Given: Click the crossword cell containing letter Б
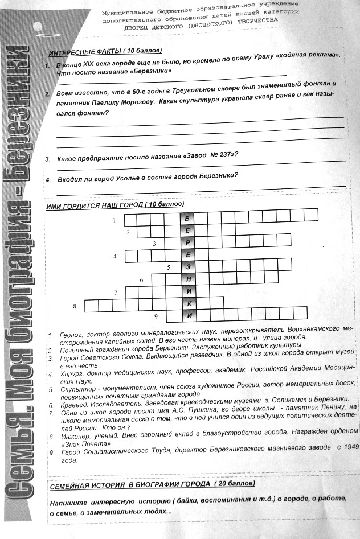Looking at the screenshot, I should click(x=187, y=219).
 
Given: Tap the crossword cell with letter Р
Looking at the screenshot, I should click(x=187, y=243).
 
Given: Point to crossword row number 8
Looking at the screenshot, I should click(x=75, y=307).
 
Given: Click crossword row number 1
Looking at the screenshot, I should click(x=114, y=220).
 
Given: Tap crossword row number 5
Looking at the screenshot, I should click(x=169, y=267).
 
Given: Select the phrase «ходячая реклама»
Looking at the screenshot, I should click(x=305, y=55).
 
